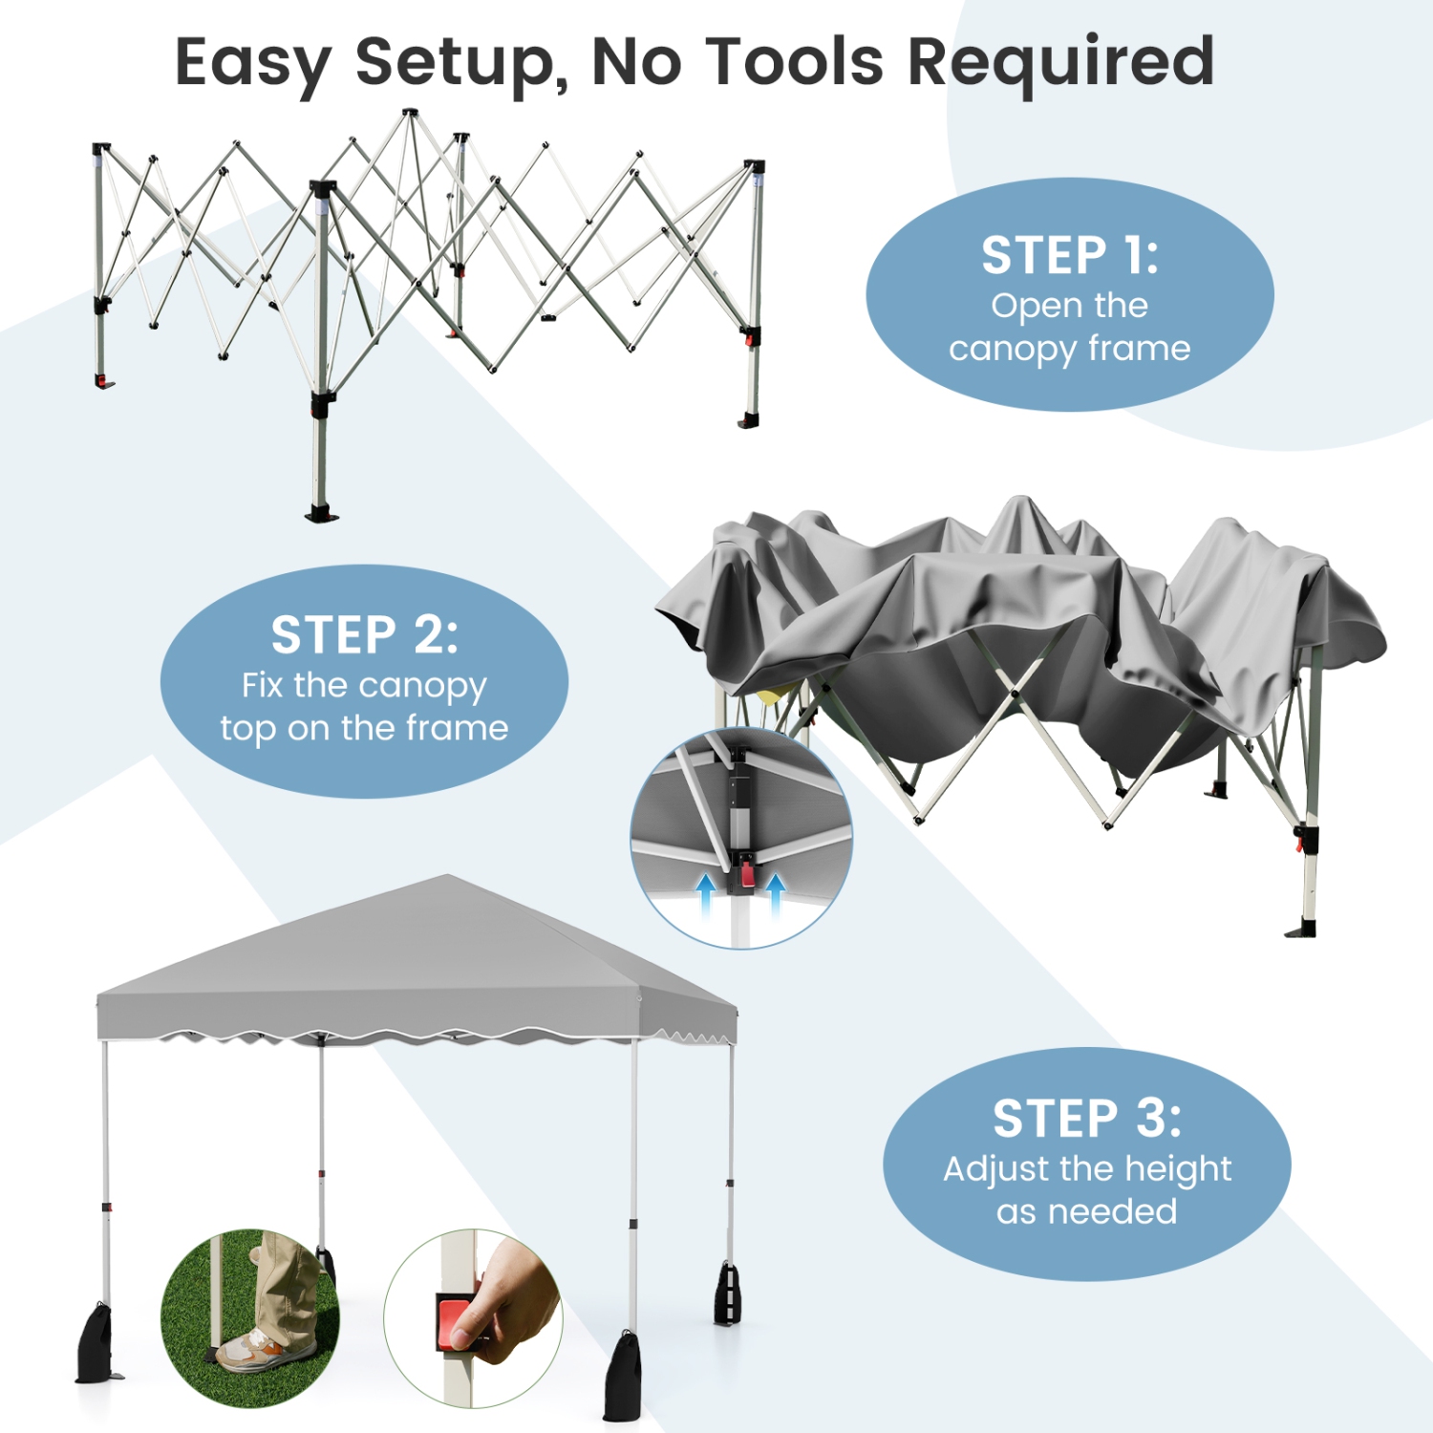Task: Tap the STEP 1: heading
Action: click(x=1069, y=256)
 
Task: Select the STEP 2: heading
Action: click(x=364, y=635)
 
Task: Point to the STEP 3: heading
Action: click(x=1086, y=1119)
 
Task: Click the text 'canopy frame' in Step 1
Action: click(x=1069, y=349)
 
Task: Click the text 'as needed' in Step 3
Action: click(x=1086, y=1211)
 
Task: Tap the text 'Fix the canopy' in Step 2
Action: click(x=364, y=685)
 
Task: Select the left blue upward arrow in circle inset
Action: click(x=706, y=895)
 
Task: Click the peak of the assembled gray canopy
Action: click(x=447, y=877)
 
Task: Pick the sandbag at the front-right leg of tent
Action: click(x=623, y=1376)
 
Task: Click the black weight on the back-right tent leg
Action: click(x=728, y=1295)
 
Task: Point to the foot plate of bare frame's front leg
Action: click(x=322, y=514)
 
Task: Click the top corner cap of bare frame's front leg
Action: click(x=323, y=187)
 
